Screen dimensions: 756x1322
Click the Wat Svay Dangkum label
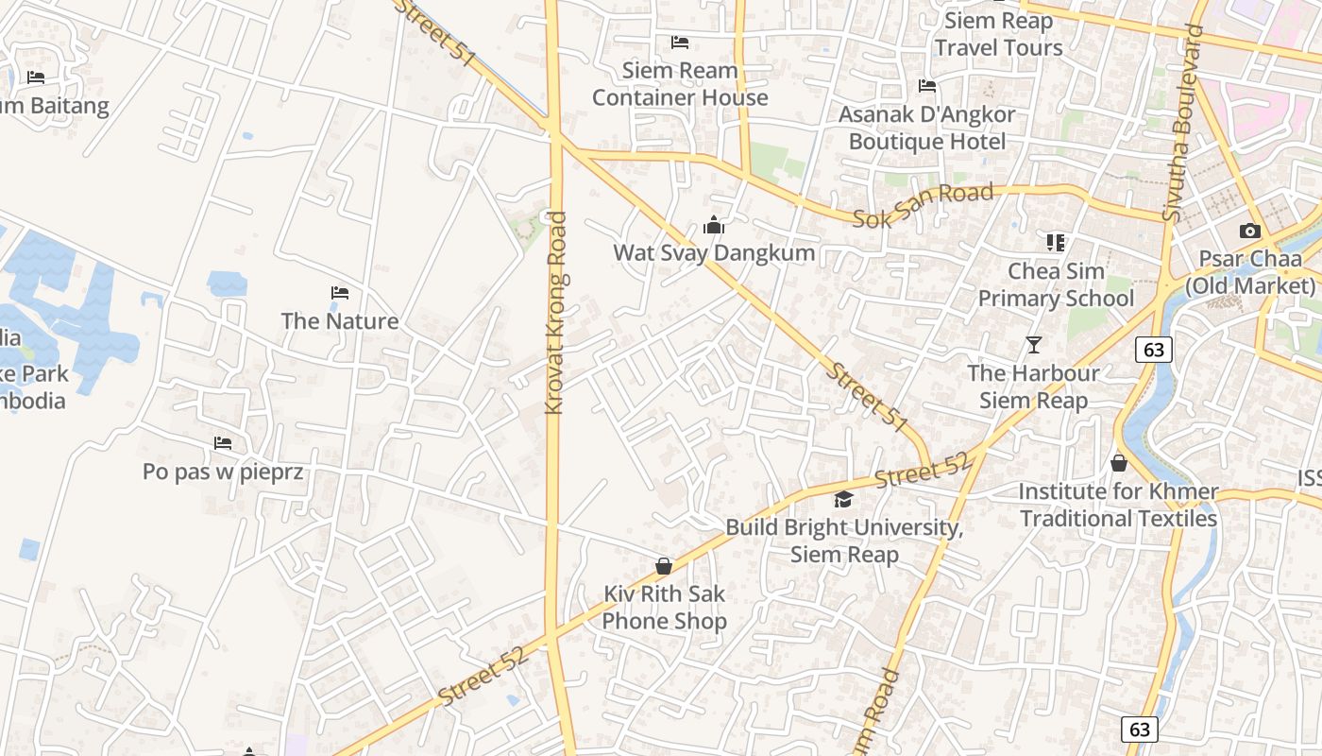714,253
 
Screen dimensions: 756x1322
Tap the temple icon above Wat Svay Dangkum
714,226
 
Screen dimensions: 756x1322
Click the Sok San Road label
923,206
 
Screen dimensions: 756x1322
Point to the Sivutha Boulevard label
1185,123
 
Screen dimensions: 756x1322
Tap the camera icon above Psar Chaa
1249,231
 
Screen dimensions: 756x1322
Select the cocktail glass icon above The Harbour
1034,345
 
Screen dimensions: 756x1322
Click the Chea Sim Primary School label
1056,284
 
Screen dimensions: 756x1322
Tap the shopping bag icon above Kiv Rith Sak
664,566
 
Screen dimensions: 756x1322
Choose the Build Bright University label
844,541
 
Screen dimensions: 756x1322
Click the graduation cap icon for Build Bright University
843,500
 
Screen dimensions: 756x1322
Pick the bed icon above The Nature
340,293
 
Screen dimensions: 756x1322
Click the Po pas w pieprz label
223,471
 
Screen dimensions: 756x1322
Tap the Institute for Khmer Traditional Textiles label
1118,505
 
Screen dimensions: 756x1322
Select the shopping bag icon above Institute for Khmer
1119,463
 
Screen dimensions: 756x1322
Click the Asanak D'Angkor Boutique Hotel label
926,128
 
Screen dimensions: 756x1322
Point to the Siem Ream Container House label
680,83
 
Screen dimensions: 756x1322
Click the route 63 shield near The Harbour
1153,350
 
